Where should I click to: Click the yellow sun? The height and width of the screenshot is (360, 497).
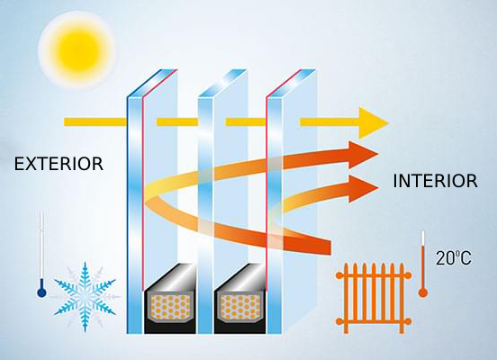(76, 49)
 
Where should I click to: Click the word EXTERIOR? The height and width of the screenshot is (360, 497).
(59, 164)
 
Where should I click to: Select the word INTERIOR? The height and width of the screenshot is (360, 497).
(435, 181)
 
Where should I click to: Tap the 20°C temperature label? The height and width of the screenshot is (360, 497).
(454, 257)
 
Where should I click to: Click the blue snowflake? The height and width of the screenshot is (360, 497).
(85, 297)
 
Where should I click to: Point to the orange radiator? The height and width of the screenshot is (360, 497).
(374, 298)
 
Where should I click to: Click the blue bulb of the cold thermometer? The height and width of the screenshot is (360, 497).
(41, 292)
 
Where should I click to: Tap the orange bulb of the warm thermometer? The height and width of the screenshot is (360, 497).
(423, 292)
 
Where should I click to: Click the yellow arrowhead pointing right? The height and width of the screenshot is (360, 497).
(374, 122)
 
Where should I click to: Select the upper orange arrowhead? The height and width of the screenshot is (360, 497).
(364, 155)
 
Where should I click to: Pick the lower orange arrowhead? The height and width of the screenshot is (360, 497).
(364, 189)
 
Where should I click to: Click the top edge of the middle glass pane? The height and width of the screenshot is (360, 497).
(222, 83)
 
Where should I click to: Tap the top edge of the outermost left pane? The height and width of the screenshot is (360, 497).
(152, 83)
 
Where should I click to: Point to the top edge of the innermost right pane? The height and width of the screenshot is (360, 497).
(291, 83)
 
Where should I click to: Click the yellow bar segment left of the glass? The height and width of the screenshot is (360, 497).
(95, 122)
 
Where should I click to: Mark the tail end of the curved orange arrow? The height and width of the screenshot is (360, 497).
(330, 247)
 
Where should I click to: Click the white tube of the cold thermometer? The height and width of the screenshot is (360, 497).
(41, 249)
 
